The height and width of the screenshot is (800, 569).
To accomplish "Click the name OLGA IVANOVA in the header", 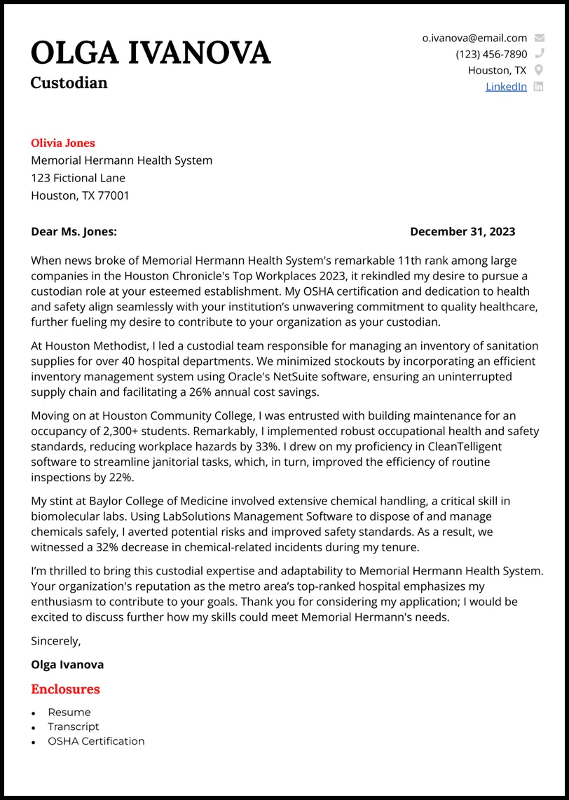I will [150, 53].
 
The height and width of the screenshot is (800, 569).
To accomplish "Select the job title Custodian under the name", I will [69, 83].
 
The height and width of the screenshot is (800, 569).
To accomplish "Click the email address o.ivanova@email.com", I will [474, 38].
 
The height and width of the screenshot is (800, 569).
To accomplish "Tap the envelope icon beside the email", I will [538, 38].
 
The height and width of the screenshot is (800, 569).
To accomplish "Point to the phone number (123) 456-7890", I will [491, 54].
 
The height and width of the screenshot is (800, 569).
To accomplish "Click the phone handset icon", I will [538, 54].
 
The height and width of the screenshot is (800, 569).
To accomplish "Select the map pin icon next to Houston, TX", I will [538, 70].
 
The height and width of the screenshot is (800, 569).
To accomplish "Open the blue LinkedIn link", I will [506, 86].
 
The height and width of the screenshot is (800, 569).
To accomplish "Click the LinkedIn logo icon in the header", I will [538, 86].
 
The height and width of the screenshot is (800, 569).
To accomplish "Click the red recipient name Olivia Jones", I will [62, 143].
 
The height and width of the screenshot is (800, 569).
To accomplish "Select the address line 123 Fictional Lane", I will [78, 178].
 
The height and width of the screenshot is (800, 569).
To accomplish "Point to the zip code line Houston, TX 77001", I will [80, 195].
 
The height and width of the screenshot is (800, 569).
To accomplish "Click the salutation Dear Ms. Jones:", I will [74, 231].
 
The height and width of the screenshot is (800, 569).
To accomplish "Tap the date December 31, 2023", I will [462, 231].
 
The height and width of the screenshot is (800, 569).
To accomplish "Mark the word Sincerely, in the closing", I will [56, 640].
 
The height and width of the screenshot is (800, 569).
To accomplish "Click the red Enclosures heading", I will [65, 689].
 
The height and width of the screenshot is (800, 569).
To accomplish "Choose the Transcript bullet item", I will [73, 726].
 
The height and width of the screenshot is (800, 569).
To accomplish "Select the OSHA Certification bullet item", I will [96, 741].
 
